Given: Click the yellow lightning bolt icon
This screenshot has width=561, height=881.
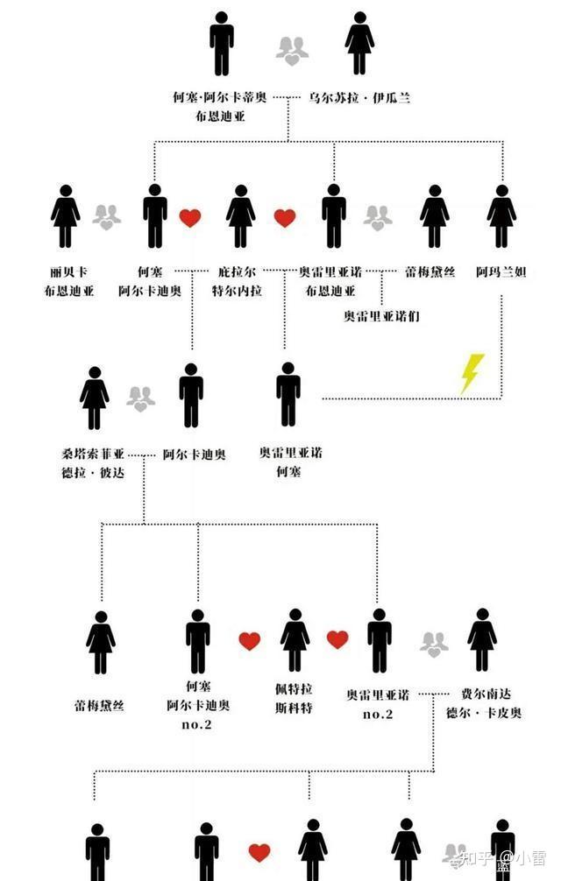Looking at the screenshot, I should [x=472, y=373].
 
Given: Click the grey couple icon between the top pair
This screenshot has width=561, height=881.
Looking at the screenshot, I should [x=292, y=51].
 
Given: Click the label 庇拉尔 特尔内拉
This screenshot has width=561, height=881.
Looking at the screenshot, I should [x=239, y=282].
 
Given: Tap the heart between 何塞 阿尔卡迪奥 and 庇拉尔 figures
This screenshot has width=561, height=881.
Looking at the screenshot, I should [x=190, y=218].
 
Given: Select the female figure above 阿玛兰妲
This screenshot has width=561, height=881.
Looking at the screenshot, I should [x=501, y=216].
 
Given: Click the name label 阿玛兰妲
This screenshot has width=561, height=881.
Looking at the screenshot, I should [x=501, y=273].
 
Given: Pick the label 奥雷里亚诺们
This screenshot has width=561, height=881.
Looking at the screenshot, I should [x=381, y=315].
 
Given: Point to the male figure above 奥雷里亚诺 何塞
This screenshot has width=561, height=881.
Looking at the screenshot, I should [x=288, y=394].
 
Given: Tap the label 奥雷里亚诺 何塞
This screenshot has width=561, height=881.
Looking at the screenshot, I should [x=290, y=462].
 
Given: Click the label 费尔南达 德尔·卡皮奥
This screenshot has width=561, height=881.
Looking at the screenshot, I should [x=483, y=702].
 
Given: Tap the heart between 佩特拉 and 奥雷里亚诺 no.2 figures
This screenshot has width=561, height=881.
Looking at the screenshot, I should [x=337, y=640].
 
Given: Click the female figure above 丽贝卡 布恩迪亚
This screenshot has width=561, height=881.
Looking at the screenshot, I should [x=66, y=216].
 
